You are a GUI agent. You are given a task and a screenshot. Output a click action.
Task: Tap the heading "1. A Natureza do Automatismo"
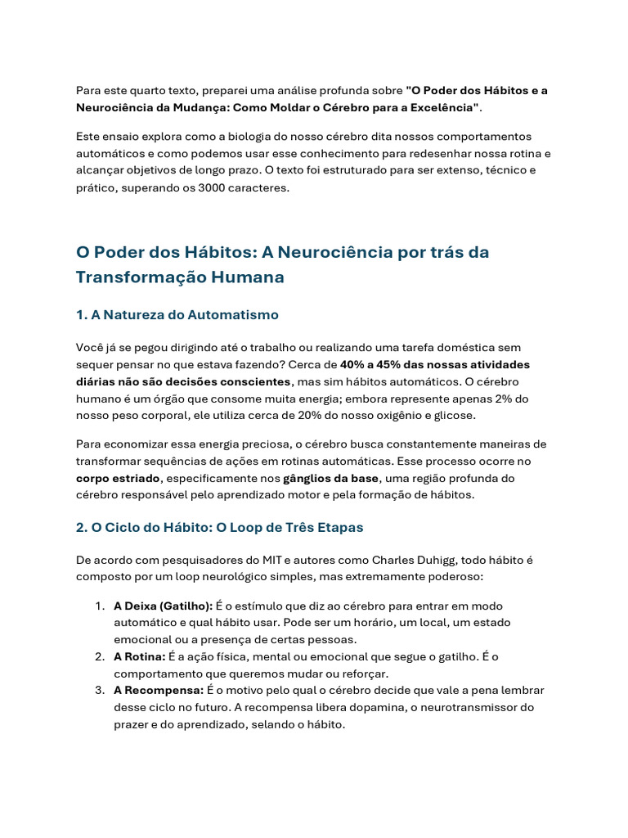177,315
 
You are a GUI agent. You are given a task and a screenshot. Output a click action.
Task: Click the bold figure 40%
354,365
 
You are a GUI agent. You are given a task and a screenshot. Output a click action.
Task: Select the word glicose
452,416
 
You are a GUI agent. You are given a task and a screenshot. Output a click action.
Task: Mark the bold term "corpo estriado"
118,478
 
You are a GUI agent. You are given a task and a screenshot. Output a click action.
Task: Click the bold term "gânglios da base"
331,478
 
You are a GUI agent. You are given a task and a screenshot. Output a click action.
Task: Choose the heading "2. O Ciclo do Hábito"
219,528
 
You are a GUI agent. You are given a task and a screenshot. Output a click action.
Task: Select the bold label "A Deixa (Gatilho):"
163,606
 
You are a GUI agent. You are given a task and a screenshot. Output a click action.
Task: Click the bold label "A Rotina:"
140,657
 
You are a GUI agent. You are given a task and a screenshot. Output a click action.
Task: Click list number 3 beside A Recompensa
98,691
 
